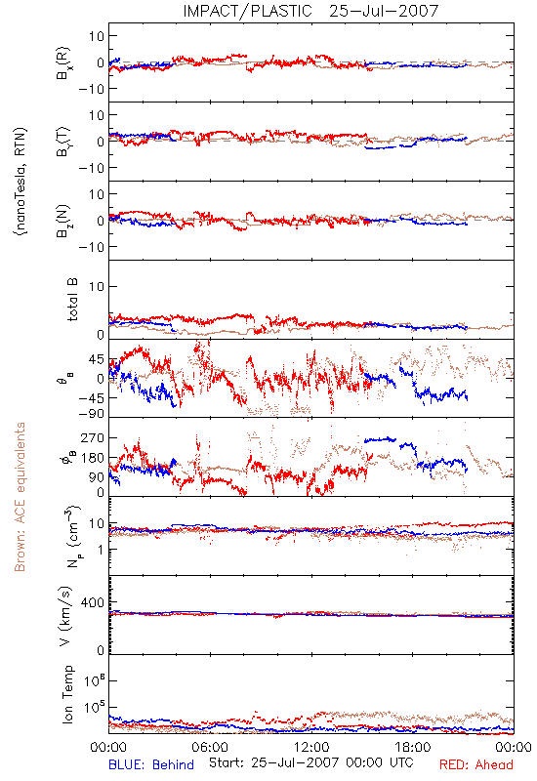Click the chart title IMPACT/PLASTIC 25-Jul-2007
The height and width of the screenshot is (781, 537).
(x=310, y=11)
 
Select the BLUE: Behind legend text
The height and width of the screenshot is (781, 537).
(x=151, y=764)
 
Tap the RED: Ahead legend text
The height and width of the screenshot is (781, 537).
(x=475, y=764)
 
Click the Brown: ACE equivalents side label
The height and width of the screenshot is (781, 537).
(x=20, y=497)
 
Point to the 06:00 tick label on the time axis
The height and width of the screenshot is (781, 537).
(x=210, y=747)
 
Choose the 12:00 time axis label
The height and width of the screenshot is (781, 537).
(x=311, y=747)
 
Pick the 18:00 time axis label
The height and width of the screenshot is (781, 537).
(x=413, y=747)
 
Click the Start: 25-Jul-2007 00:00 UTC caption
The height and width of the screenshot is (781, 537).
(x=311, y=762)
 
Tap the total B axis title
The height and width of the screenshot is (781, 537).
(x=72, y=300)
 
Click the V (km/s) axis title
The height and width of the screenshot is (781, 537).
(x=65, y=616)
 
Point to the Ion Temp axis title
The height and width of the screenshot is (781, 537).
(x=67, y=694)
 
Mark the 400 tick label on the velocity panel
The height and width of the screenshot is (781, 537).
(x=92, y=602)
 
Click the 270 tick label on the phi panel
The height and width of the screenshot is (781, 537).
(x=92, y=437)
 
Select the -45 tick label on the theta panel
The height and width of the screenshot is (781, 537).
(x=91, y=398)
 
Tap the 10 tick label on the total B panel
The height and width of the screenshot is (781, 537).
(x=96, y=286)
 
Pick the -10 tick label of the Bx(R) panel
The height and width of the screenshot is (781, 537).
(x=91, y=89)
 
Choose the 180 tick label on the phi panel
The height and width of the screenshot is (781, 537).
(x=92, y=458)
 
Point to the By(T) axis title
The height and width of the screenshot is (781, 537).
(x=63, y=142)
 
